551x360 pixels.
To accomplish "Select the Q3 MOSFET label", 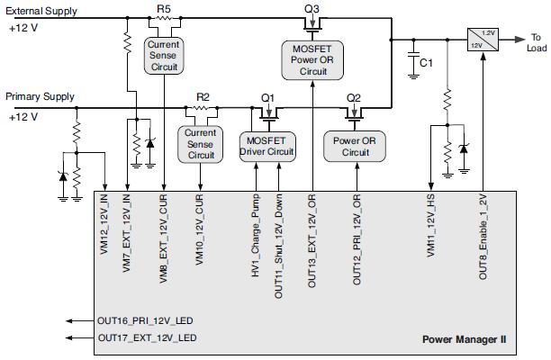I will pyautogui.click(x=312, y=7).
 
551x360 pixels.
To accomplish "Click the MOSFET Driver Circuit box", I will pyautogui.click(x=266, y=145).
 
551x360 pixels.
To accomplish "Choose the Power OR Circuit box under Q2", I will pyautogui.click(x=355, y=145).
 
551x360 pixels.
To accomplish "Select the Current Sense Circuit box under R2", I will pyautogui.click(x=201, y=144).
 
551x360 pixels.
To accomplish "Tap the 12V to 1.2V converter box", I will pyautogui.click(x=482, y=39).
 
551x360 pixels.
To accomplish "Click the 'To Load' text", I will pyautogui.click(x=535, y=43).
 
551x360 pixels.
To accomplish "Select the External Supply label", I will pyautogui.click(x=41, y=11).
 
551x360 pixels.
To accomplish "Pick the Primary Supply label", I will pyautogui.click(x=40, y=95).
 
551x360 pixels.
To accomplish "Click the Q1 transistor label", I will pyautogui.click(x=267, y=96).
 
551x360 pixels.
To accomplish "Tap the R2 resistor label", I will pyautogui.click(x=203, y=96).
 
